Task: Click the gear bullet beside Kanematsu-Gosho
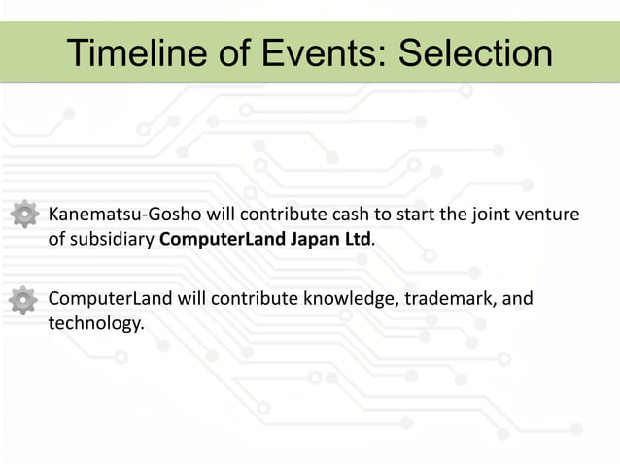23,215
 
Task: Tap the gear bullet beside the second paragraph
23,300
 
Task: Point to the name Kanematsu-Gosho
121,214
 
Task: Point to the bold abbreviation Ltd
358,239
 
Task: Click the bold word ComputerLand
222,239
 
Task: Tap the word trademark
447,297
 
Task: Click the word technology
95,322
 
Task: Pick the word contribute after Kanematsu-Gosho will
282,214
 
